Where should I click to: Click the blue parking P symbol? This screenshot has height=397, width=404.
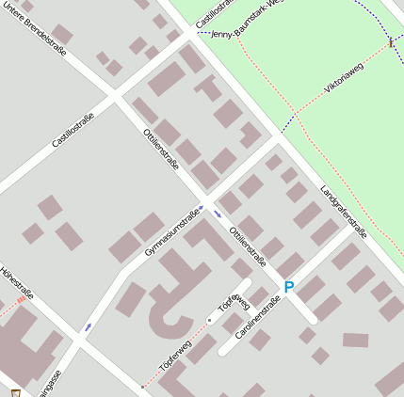click(x=289, y=287)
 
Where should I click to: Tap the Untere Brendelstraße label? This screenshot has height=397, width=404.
click(x=37, y=27)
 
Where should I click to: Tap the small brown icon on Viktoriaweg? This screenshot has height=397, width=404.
click(x=390, y=42)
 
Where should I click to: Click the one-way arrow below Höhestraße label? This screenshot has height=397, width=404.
click(x=89, y=326)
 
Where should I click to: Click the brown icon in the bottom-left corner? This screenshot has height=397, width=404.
click(x=15, y=391)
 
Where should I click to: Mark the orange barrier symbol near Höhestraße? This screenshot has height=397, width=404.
click(x=21, y=301)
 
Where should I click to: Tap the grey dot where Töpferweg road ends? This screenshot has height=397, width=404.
click(x=209, y=321)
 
